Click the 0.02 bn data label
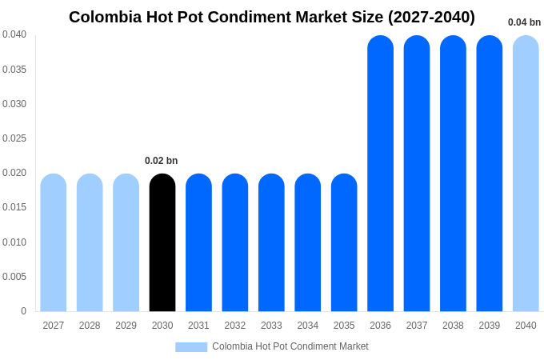click(x=162, y=161)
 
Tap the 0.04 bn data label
click(x=524, y=22)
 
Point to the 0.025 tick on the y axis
click(x=14, y=138)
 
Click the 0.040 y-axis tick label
click(x=14, y=34)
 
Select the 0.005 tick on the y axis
click(x=14, y=277)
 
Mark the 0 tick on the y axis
click(x=23, y=311)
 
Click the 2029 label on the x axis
click(x=126, y=326)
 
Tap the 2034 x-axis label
click(x=308, y=326)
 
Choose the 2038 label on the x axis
click(x=453, y=326)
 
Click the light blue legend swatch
click(x=191, y=347)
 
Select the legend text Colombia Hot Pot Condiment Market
click(x=290, y=346)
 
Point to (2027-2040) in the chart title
click(x=431, y=17)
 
